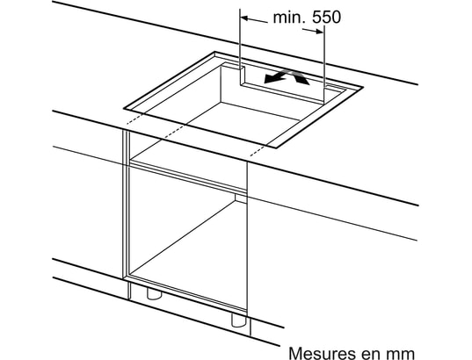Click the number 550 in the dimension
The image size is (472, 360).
pos(327,17)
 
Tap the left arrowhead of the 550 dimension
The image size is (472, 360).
pos(244,18)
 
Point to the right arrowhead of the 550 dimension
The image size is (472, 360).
pos(320,32)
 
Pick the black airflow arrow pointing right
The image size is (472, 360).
pos(300,76)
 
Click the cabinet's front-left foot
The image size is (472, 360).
pos(154,293)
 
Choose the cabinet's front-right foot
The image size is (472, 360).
pos(239,320)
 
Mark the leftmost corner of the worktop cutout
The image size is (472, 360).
pos(124,108)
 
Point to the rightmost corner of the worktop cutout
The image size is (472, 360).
pos(363,87)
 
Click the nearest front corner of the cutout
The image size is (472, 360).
pos(276,148)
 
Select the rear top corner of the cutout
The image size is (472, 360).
pos(214,52)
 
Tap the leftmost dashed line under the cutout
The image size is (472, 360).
pos(134,119)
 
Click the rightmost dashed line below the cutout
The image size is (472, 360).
pos(259,150)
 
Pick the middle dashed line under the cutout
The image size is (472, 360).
pos(173,133)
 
